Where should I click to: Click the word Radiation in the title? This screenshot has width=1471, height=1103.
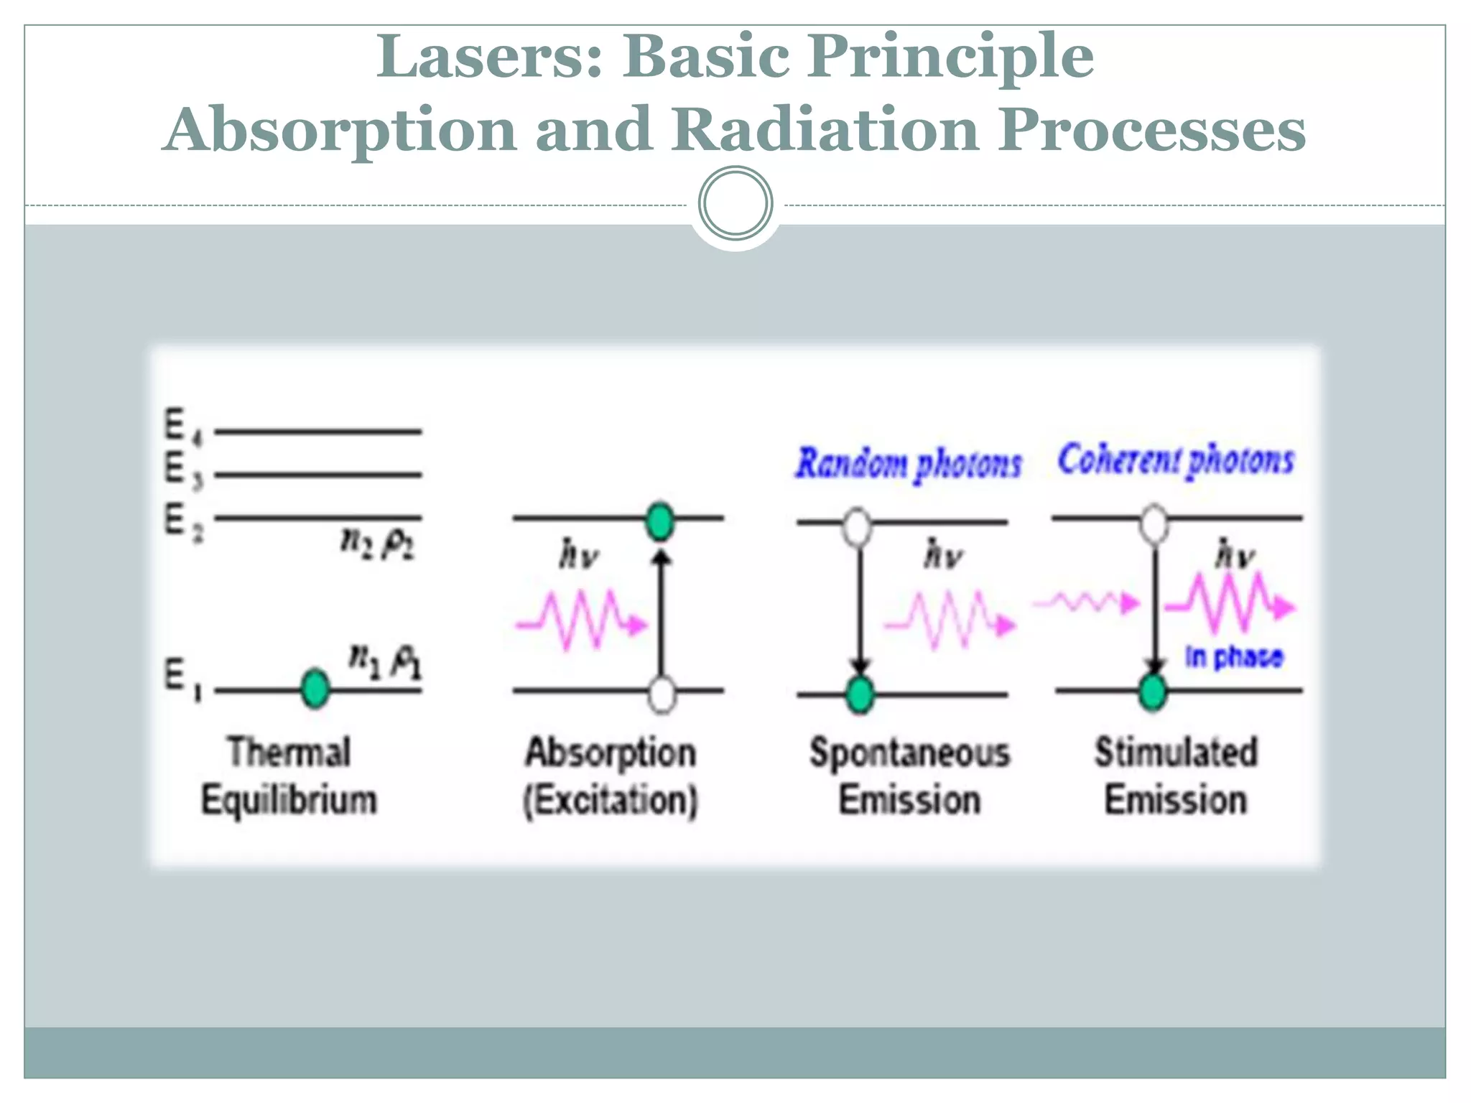pos(825,130)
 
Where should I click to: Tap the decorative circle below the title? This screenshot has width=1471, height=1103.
pos(735,203)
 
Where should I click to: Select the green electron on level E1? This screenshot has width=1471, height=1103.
pos(315,688)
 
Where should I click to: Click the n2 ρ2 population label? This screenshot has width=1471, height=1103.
pos(376,543)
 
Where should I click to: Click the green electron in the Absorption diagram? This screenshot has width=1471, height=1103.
pos(659,521)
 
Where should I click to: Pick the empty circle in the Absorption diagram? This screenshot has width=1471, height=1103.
pos(662,694)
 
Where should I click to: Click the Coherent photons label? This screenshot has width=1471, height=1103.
pos(1175,460)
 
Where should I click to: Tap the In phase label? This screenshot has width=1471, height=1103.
pos(1233,656)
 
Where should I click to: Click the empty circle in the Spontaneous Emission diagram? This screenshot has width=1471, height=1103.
pos(856,526)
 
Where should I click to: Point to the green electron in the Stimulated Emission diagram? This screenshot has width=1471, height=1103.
pos(1153,692)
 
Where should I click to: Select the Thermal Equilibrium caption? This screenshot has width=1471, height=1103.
pos(289,776)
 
